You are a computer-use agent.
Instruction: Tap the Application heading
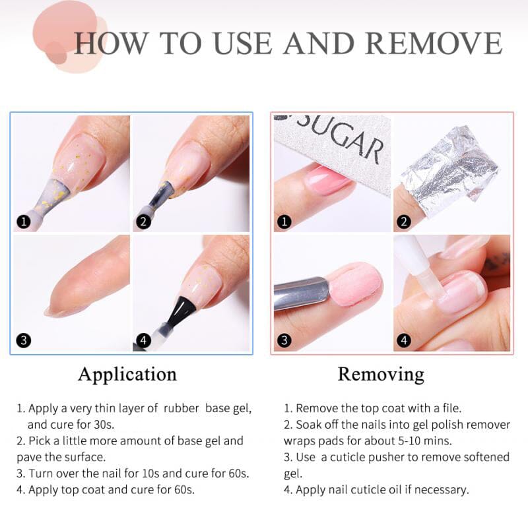coord(127,375)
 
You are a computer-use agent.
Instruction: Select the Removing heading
coord(381,375)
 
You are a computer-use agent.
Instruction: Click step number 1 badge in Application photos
coord(24,222)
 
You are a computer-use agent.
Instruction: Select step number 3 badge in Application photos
coord(24,341)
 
